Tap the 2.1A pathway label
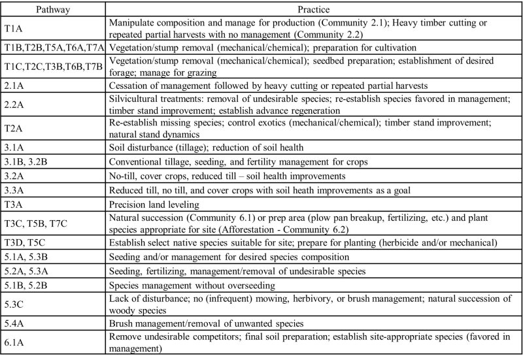coord(14,85)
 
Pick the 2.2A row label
coord(14,103)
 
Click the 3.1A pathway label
coord(14,148)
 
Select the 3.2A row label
coord(14,176)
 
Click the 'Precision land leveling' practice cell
coord(150,204)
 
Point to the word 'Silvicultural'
coord(133,97)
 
